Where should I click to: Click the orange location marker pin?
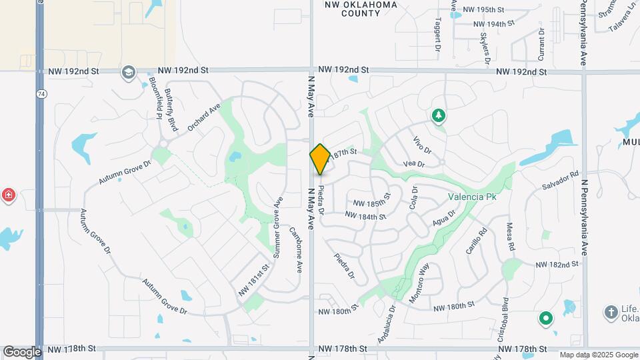tap(320, 159)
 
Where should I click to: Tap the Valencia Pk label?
tap(473, 197)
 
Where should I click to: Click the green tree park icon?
tap(439, 117)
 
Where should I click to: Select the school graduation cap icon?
tap(127, 72)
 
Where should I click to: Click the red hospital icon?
tap(9, 195)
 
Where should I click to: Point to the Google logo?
tap(22, 351)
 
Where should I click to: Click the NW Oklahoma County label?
tap(360, 9)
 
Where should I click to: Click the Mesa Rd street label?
tap(511, 237)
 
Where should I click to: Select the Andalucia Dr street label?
tap(386, 324)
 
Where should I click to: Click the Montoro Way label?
tap(419, 283)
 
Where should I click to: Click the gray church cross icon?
tap(610, 312)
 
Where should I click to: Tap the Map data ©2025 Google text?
tap(597, 355)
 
